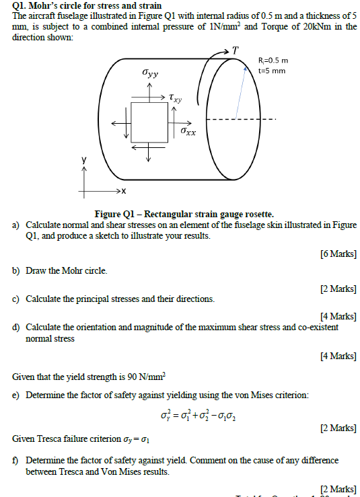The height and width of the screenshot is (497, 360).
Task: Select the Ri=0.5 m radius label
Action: point(273,61)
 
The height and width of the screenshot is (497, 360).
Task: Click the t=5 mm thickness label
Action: point(272,71)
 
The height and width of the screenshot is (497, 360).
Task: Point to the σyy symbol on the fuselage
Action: point(150,73)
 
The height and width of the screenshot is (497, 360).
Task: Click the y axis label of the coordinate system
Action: point(84,161)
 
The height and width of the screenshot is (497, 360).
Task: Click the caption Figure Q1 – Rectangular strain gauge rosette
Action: point(184,213)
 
